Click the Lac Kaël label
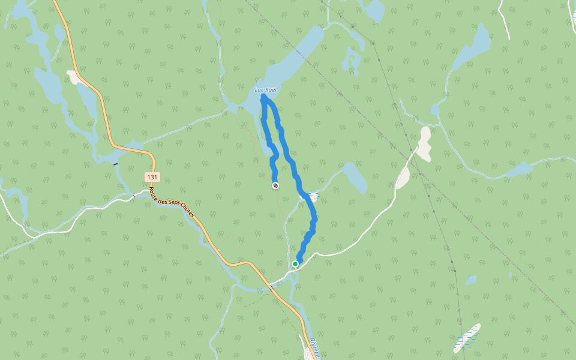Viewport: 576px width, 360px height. [x=266, y=90]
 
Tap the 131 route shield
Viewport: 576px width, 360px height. [x=152, y=177]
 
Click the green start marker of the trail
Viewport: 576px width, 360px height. [x=295, y=263]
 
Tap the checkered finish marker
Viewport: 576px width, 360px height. [x=275, y=185]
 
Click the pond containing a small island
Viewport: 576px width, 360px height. [x=350, y=60]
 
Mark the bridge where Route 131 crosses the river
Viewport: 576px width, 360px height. [x=273, y=287]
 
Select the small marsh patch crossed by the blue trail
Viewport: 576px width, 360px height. [x=311, y=196]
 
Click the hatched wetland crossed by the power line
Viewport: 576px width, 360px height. [x=467, y=338]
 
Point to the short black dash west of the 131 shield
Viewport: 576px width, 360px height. [x=115, y=163]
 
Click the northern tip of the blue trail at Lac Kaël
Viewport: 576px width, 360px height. [x=263, y=97]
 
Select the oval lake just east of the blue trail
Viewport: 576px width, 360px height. [x=356, y=178]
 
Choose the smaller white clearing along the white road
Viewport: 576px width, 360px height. [x=402, y=178]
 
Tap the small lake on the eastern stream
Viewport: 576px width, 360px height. [x=519, y=170]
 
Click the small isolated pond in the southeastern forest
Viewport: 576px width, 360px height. [x=471, y=280]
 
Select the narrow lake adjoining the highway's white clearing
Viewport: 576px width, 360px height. [x=88, y=99]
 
